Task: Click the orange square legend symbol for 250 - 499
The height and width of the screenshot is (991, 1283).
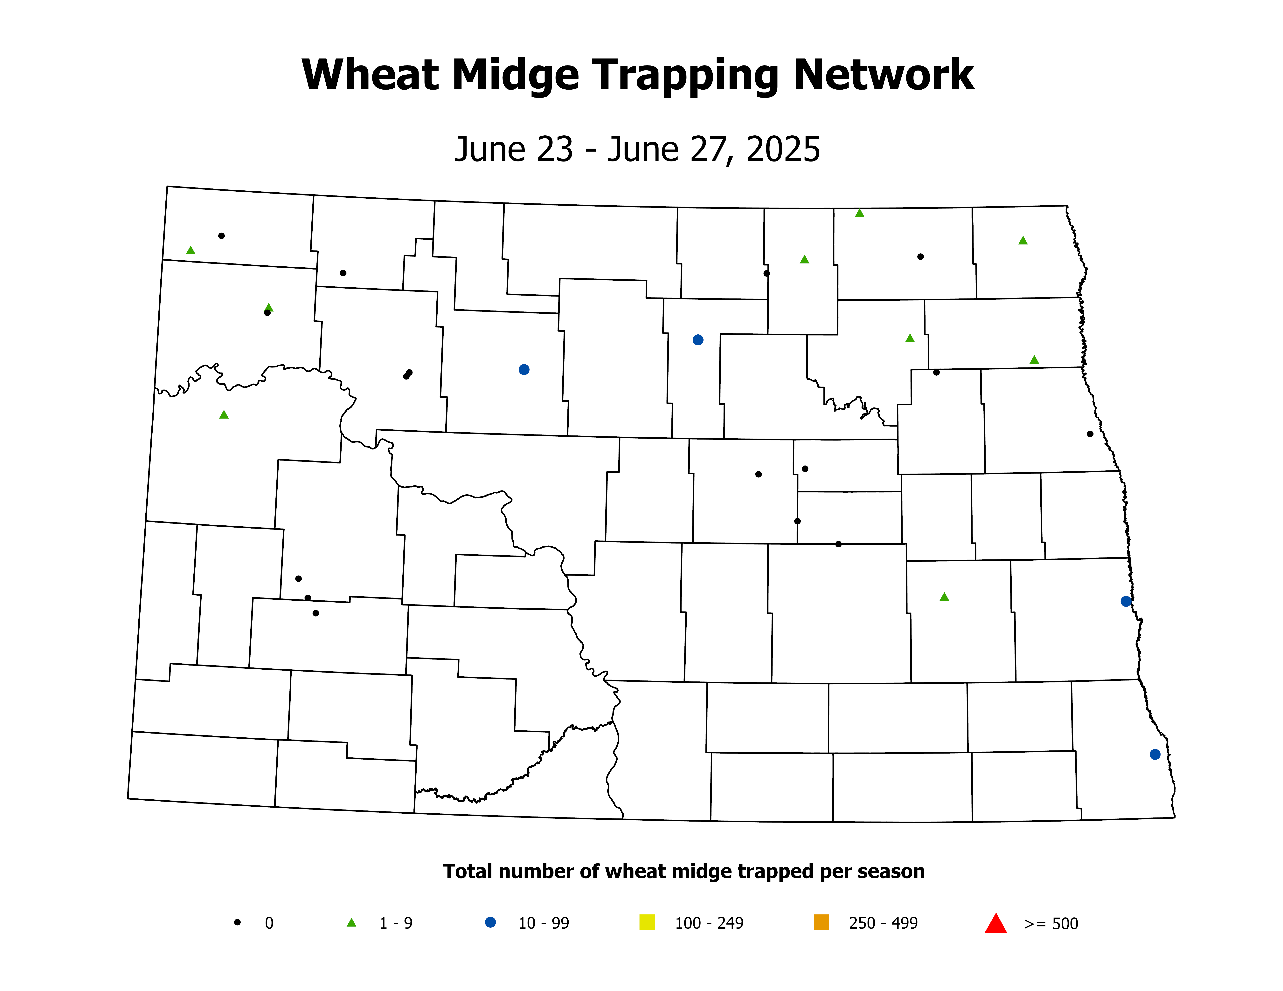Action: tap(821, 922)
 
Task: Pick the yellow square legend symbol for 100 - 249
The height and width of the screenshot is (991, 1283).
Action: tap(647, 922)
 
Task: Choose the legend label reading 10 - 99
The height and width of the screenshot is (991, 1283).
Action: tap(543, 924)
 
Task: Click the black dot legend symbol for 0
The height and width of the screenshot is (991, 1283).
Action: tap(237, 922)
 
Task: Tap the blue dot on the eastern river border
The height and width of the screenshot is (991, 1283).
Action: tap(1126, 601)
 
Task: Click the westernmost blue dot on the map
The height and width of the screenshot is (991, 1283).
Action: tap(524, 369)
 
